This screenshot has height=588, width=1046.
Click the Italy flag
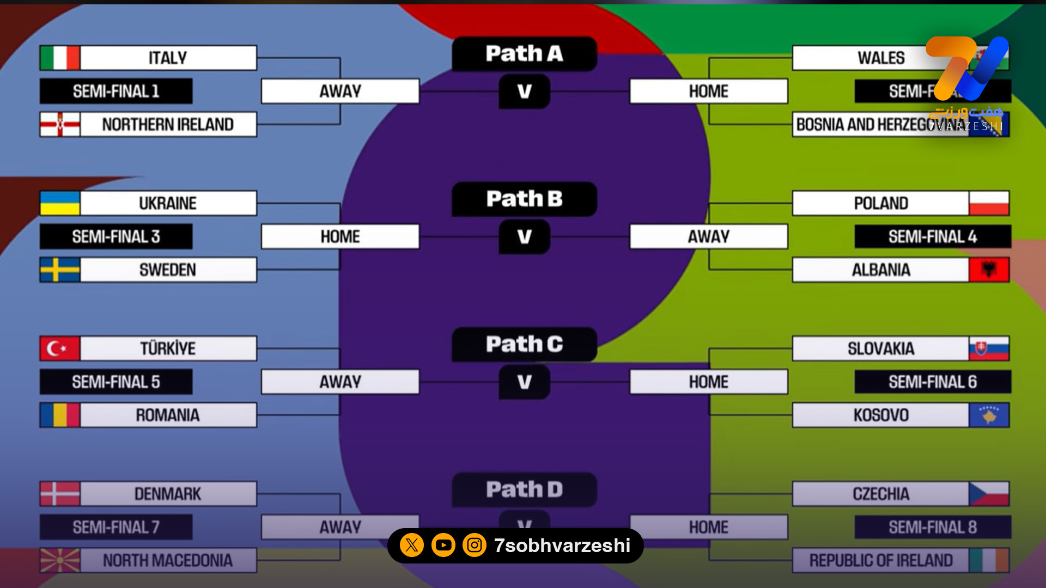[60, 58]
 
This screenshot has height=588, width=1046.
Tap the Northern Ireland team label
[168, 125]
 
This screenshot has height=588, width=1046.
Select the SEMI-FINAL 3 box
[116, 237]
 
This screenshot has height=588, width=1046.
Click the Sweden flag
[60, 270]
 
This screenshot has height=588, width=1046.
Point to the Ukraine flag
[60, 203]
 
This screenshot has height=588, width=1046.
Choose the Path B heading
[524, 199]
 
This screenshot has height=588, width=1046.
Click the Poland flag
[989, 203]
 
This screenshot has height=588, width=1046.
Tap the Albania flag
[989, 270]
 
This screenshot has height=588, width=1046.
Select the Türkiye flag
[60, 348]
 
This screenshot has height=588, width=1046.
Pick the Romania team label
[168, 415]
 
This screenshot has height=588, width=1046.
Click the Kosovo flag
[989, 415]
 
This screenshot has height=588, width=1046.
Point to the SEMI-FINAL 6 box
[933, 382]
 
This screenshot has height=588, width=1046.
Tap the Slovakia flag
[989, 348]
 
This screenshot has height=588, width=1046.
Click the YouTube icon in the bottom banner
[443, 545]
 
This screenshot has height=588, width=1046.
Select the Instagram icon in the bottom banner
[475, 545]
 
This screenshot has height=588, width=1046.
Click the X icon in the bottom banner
[412, 545]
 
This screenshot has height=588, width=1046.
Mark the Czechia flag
[989, 494]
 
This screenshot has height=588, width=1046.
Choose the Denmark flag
[60, 494]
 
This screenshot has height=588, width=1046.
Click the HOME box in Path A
[708, 91]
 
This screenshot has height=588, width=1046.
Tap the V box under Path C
[524, 382]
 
